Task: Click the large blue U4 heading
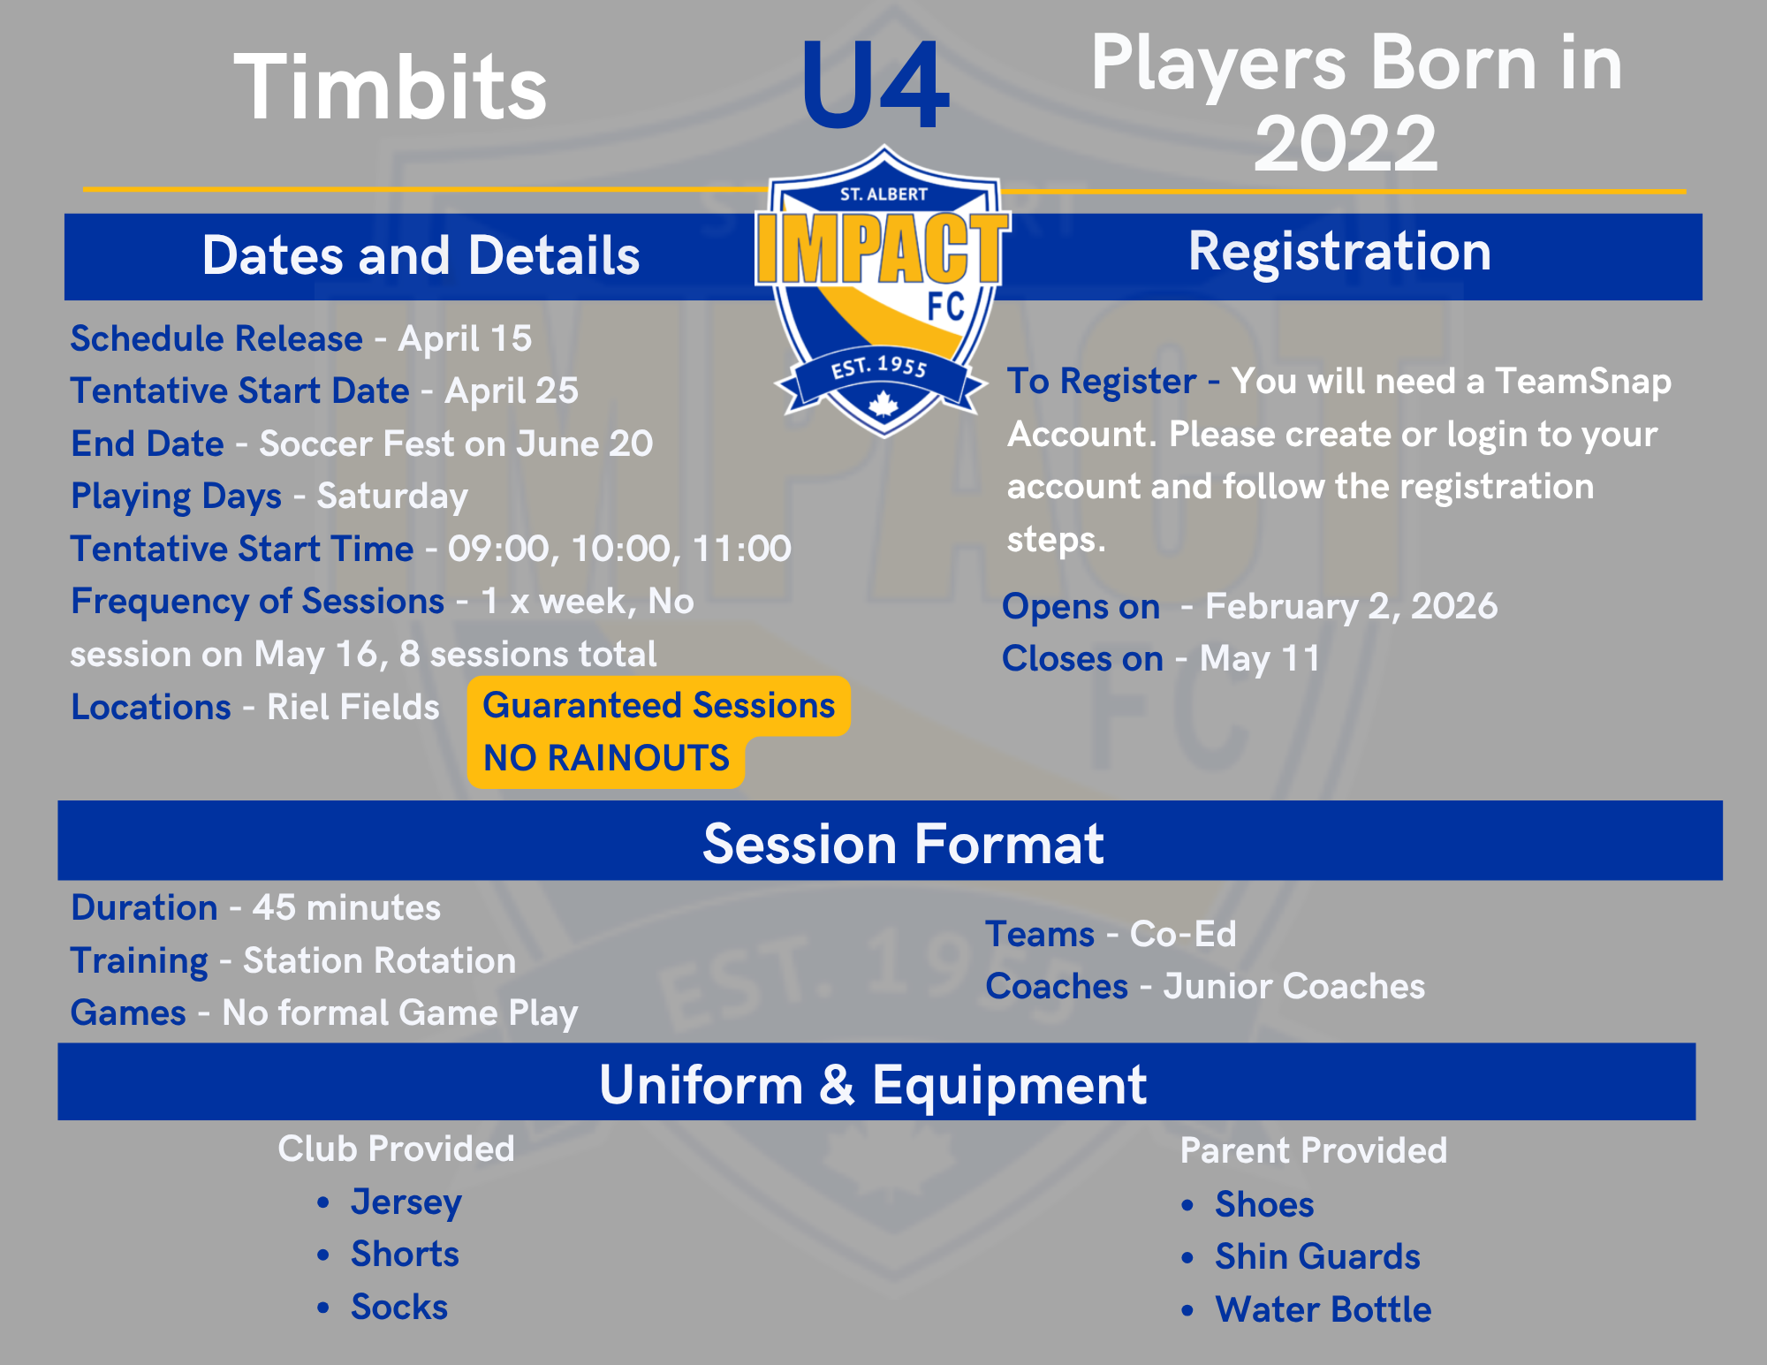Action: (876, 86)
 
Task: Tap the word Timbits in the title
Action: (391, 87)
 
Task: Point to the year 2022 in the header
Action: (1346, 143)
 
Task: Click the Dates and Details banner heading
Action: (421, 256)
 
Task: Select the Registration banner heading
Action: (1339, 252)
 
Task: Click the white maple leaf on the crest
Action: (883, 405)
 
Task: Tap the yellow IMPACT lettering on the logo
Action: (883, 248)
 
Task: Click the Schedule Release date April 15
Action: (465, 338)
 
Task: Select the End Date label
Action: (148, 444)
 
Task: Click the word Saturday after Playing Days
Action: (392, 497)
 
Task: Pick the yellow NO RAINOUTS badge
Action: (606, 758)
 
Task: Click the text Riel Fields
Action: (353, 707)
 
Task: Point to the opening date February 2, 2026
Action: (1352, 607)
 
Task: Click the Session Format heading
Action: (903, 844)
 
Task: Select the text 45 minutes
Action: (346, 908)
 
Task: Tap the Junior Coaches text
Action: (1294, 987)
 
